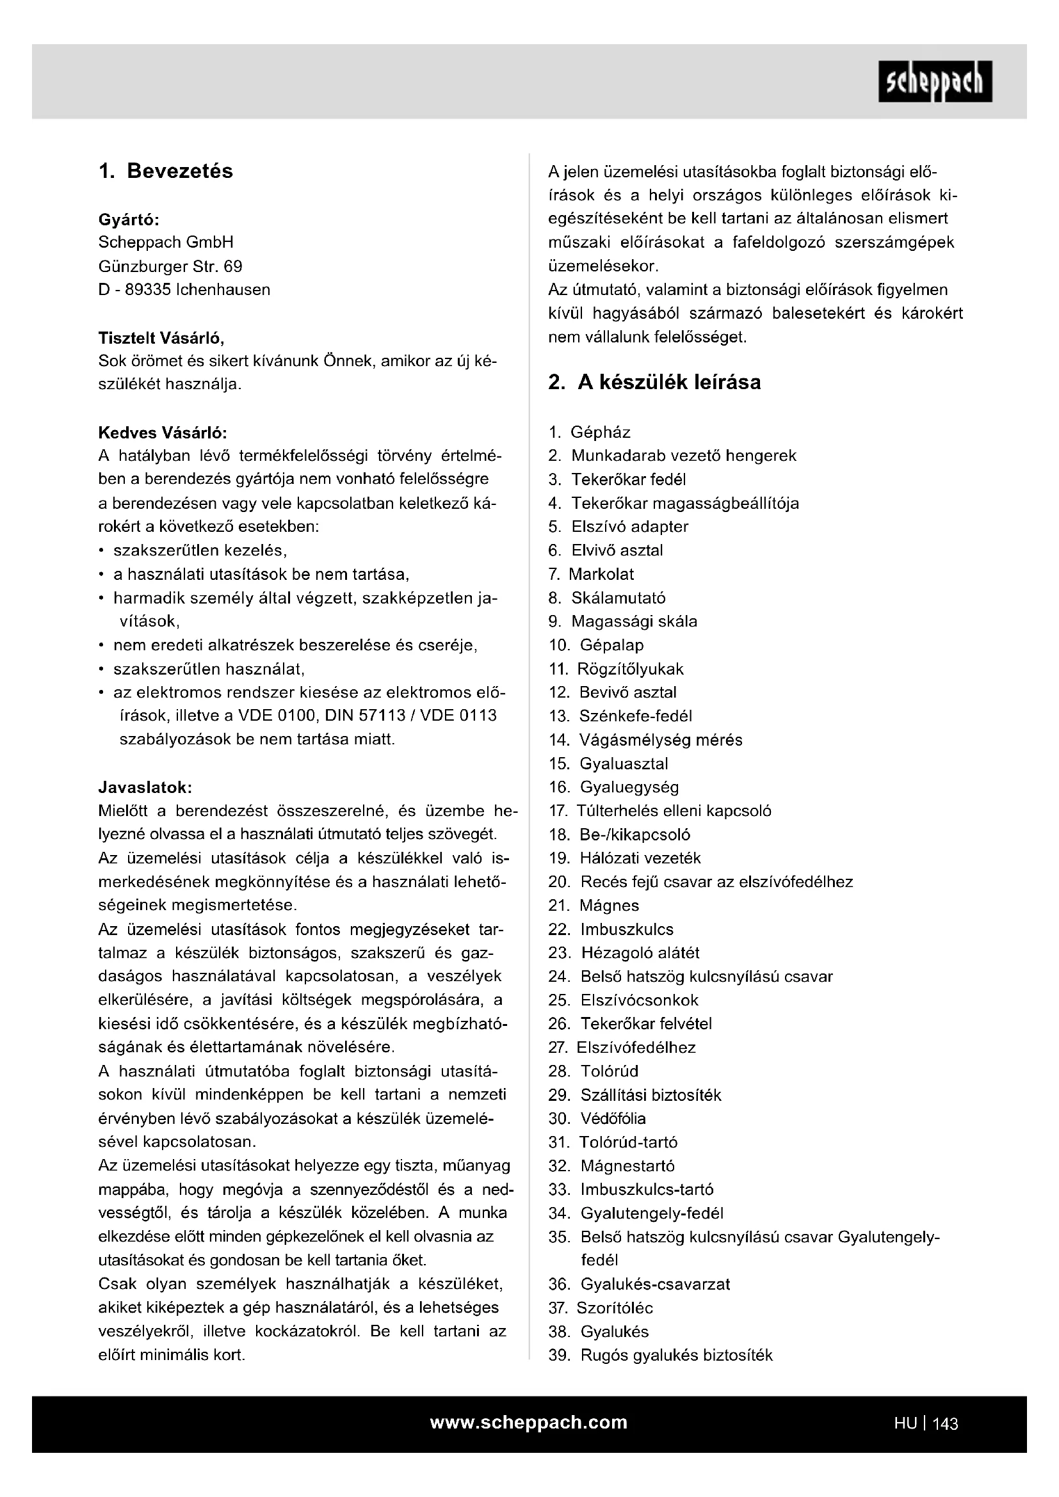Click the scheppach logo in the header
tap(935, 81)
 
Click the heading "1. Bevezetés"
tap(166, 171)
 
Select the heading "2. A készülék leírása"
tap(654, 382)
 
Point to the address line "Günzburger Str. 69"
tap(170, 266)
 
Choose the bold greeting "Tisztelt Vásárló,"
tap(161, 338)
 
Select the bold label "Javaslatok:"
tap(145, 787)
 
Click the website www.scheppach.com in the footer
tap(528, 1422)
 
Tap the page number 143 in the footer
tap(945, 1423)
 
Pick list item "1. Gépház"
tap(590, 432)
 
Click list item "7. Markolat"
tap(592, 573)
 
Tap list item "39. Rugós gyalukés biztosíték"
tap(660, 1355)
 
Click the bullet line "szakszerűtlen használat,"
tap(209, 669)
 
